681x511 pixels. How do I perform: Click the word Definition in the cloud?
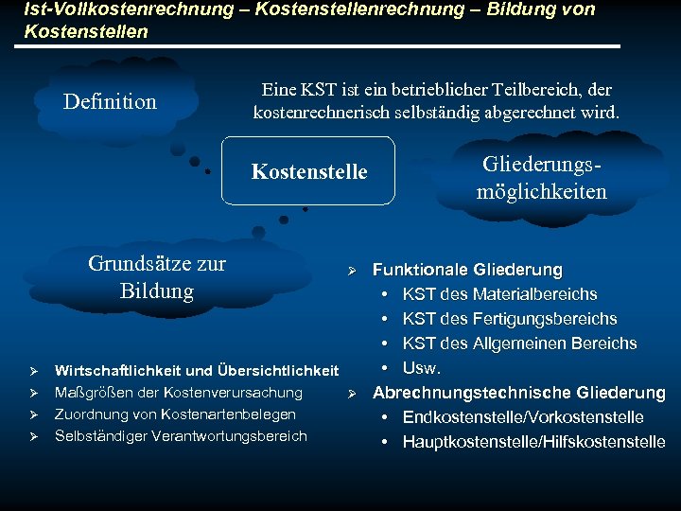110,101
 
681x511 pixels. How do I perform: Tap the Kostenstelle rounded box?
308,171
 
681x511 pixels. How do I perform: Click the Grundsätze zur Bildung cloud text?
157,276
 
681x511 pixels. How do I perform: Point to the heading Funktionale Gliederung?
467,271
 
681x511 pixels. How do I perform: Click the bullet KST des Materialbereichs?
499,294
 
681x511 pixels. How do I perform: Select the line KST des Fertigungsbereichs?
509,319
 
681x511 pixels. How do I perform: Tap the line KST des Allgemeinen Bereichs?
519,344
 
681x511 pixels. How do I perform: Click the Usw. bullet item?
422,367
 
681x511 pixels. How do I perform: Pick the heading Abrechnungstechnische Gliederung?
519,393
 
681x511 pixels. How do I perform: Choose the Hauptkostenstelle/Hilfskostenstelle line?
533,442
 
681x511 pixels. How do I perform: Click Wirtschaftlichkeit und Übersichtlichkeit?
197,370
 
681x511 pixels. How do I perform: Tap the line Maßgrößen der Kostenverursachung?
179,392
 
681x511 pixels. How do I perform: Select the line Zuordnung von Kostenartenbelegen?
175,414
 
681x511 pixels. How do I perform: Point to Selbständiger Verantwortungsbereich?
181,435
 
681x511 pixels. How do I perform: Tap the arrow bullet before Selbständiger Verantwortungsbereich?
33,436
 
